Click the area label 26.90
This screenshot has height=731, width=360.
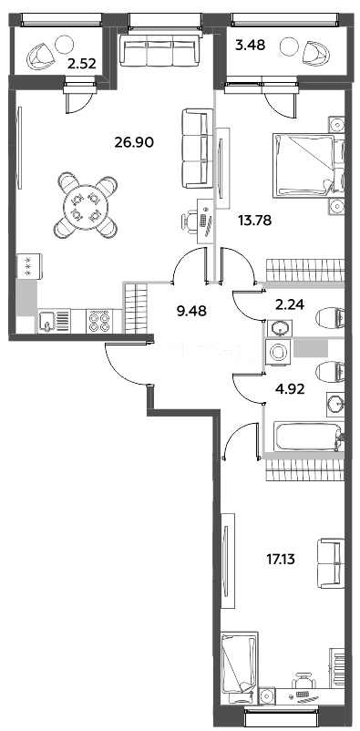pyautogui.click(x=134, y=141)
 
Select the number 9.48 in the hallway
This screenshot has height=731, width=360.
pyautogui.click(x=191, y=311)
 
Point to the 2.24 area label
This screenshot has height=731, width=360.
pyautogui.click(x=289, y=304)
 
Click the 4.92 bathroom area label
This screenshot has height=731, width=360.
pyautogui.click(x=290, y=389)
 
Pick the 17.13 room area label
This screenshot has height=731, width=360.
pyautogui.click(x=282, y=558)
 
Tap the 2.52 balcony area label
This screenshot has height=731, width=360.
pyautogui.click(x=82, y=64)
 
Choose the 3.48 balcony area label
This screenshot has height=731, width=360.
pyautogui.click(x=251, y=46)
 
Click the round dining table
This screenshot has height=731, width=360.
pyautogui.click(x=86, y=205)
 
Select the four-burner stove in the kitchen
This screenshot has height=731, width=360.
pyautogui.click(x=99, y=321)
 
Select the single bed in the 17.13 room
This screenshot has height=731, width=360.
pyautogui.click(x=239, y=669)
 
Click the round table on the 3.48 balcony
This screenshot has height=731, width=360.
pyautogui.click(x=289, y=46)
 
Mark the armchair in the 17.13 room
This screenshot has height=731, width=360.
pyautogui.click(x=331, y=558)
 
